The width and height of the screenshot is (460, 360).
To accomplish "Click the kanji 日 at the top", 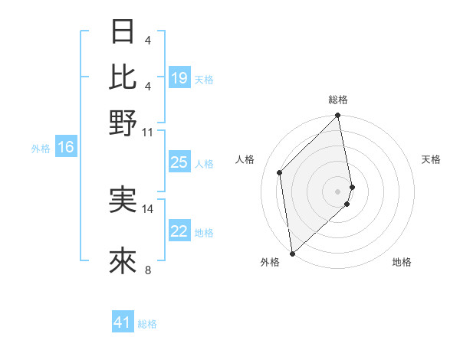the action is [123, 32].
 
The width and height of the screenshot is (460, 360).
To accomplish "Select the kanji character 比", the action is [123, 77].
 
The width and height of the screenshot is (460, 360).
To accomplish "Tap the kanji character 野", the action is [123, 123].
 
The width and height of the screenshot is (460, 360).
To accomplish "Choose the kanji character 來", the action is [123, 262].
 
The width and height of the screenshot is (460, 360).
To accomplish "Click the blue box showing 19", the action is [179, 78].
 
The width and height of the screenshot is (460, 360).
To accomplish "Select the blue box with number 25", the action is [179, 163].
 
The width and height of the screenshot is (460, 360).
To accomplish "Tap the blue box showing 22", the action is [179, 231].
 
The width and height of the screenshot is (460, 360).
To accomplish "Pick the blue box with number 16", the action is [66, 148].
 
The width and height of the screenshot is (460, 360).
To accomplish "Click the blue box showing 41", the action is [123, 322].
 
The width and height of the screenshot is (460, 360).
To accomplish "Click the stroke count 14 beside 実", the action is [148, 208].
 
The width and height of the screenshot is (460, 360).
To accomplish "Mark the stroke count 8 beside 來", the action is [147, 270].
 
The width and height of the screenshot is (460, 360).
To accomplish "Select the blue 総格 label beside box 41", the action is [147, 324].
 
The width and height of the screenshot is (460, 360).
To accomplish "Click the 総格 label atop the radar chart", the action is [338, 100].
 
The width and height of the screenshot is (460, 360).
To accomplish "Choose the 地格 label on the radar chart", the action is [402, 262].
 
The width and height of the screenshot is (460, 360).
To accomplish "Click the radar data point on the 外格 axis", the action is [292, 253].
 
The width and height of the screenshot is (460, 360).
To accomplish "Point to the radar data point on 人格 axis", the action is [280, 172].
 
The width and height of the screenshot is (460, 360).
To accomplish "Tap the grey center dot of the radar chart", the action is [338, 191].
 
